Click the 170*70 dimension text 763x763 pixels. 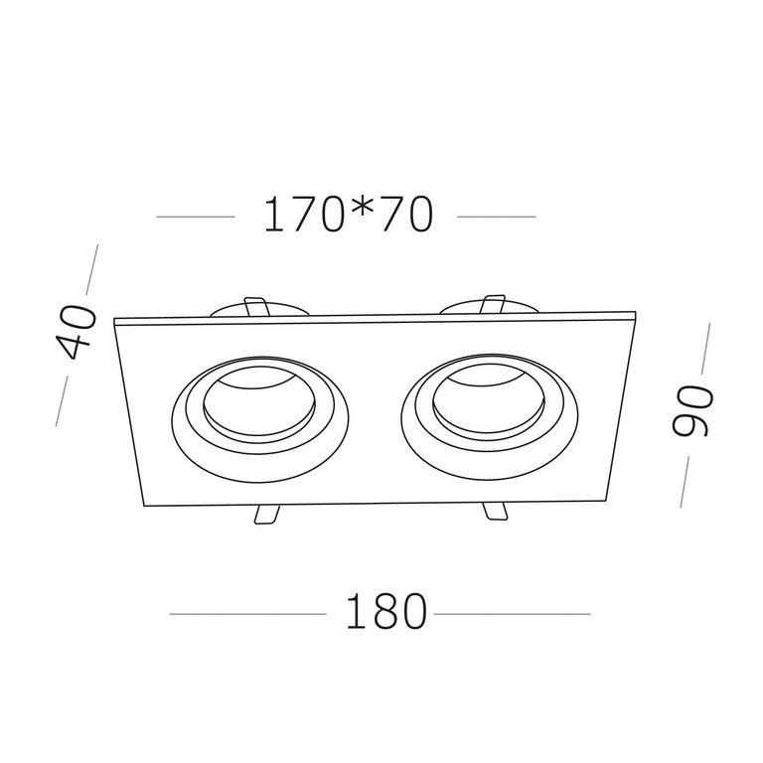[x=348, y=215]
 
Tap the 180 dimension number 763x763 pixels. [x=386, y=611]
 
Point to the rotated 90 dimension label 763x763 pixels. [x=691, y=409]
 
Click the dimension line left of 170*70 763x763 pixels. [x=196, y=217]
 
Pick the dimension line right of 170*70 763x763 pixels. [x=497, y=217]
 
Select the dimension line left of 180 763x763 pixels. [x=247, y=614]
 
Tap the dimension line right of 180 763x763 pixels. [x=512, y=614]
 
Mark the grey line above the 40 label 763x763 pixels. [x=92, y=269]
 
